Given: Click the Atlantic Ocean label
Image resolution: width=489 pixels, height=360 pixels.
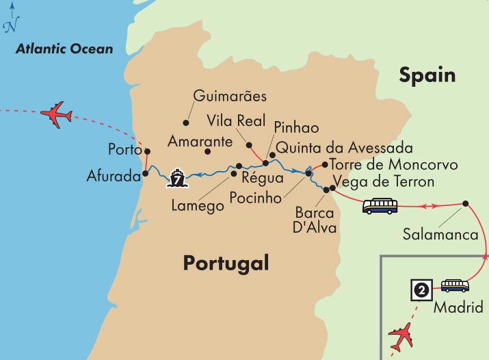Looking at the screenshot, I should click(x=64, y=49).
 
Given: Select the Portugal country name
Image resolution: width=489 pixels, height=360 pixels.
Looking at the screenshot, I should click(x=226, y=263).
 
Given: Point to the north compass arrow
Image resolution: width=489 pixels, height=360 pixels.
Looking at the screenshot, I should click(x=10, y=18).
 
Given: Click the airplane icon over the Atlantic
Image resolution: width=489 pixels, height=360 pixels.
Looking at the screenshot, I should click(x=57, y=114).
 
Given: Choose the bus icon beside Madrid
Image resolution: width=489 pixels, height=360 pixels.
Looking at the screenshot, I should click(x=455, y=285).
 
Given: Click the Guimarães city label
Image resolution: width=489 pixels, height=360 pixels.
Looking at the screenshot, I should click(x=230, y=96).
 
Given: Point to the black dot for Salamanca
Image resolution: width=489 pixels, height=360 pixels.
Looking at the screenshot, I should click(x=465, y=203).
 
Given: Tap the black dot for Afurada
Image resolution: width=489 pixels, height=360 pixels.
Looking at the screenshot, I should click(x=144, y=174).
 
